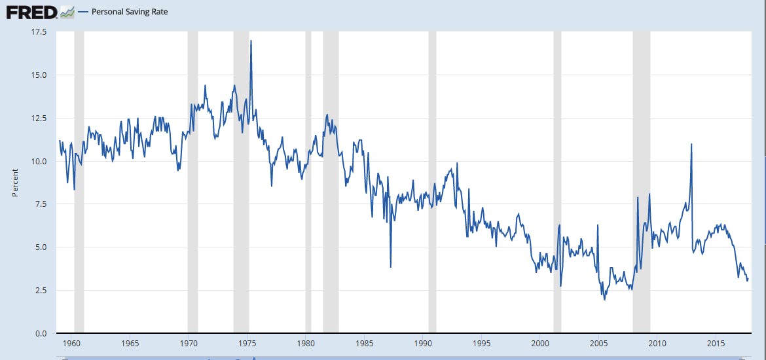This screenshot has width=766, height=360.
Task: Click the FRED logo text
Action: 31,12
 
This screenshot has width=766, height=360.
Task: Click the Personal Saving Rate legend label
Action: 129,12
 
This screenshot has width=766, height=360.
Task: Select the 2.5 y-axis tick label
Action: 40,290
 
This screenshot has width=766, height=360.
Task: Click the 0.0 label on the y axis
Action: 40,333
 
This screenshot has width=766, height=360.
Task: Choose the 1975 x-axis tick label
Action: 247,344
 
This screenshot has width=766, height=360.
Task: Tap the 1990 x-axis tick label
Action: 423,344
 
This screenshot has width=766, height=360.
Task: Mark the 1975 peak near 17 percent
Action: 251,41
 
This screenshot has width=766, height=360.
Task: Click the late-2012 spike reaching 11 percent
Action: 691,144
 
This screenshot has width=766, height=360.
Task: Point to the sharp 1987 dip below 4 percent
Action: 391,266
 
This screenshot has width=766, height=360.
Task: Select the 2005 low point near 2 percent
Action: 604,299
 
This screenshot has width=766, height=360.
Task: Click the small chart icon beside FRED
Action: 67,12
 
